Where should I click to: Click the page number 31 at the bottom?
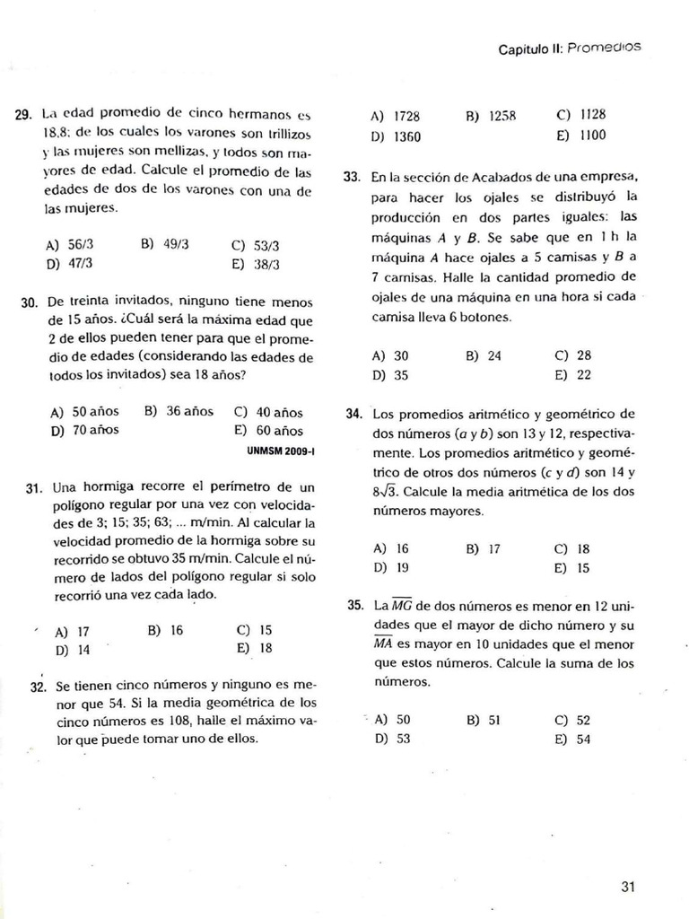coord(628,888)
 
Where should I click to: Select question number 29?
coord(24,116)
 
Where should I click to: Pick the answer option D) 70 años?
coord(84,430)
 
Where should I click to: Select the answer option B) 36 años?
coord(179,411)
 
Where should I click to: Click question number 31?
coord(35,489)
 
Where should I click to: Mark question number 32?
coord(37,687)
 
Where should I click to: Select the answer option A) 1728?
coord(395,117)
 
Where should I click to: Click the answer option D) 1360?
coord(395,137)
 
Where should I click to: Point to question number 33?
coord(353,177)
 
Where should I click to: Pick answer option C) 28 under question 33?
coord(573,355)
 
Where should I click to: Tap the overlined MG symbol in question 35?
coord(402,605)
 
